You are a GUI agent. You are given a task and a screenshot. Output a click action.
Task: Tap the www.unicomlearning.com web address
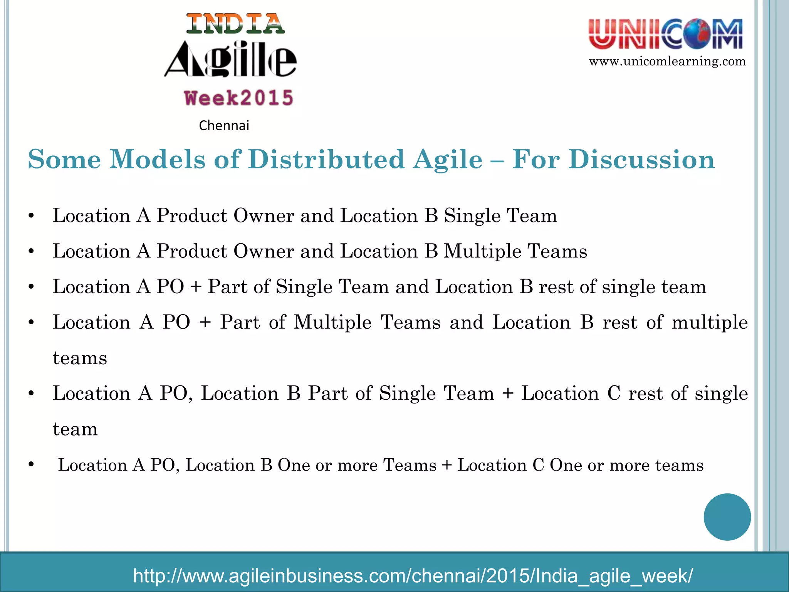coord(667,62)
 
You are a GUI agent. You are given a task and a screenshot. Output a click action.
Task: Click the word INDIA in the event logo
coord(235,24)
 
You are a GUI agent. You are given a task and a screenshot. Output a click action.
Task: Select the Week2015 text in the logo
coord(239,98)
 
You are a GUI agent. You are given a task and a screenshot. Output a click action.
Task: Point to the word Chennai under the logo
coord(224,126)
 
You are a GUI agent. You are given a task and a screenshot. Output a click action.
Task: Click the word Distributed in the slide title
coord(326,160)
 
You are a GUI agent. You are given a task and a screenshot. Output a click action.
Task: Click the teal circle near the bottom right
coord(727,517)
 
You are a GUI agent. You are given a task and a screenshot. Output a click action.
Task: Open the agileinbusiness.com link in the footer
coord(413,576)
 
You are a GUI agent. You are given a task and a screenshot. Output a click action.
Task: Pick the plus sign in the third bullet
coord(196,287)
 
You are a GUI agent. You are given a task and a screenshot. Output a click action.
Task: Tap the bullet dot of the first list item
coord(32,216)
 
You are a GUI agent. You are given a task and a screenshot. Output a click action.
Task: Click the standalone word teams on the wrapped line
coord(80,358)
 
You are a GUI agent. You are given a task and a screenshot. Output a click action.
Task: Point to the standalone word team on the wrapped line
coord(75,429)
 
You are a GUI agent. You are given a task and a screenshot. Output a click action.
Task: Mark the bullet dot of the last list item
coord(32,465)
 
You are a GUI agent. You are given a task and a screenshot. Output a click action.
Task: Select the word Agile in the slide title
coord(448,160)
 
